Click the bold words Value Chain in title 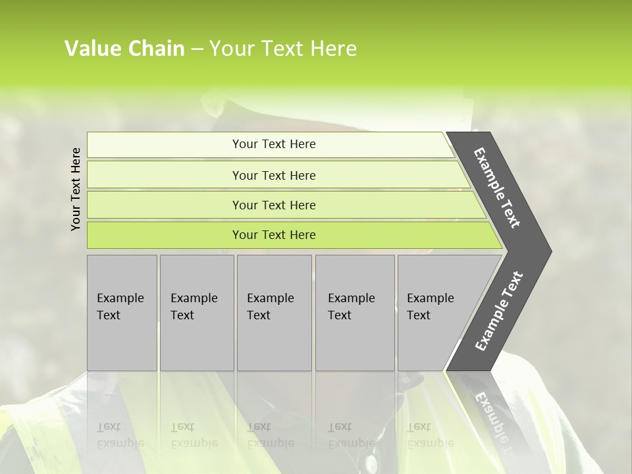pos(124,49)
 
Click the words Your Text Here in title pos(283,49)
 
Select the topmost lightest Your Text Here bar pos(274,144)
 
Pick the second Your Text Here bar pos(274,175)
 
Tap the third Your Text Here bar pos(274,205)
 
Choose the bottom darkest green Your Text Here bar pos(274,235)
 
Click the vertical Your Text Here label pos(76,189)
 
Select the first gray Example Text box pos(122,313)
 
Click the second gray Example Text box pos(196,313)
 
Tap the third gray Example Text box pos(274,313)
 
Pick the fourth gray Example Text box pos(354,313)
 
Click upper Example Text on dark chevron pos(497,188)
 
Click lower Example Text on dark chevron pos(498,311)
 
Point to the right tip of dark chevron pos(550,251)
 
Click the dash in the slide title pos(197,49)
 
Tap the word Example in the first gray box pos(120,298)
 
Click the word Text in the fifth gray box pos(419,315)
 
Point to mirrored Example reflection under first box pos(120,443)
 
